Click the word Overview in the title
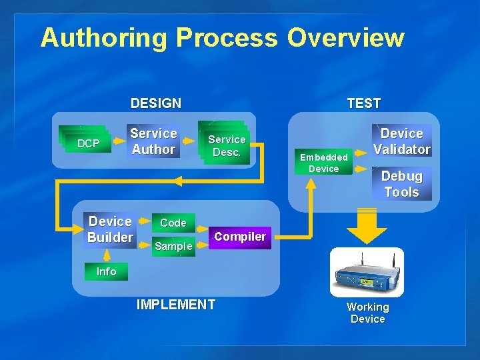(x=345, y=38)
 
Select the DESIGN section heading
(x=155, y=103)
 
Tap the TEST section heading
(x=363, y=103)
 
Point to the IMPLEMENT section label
(x=175, y=305)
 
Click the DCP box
(x=87, y=142)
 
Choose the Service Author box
(x=153, y=141)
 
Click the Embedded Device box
(x=324, y=163)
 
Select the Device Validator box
(x=401, y=141)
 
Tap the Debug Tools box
(x=401, y=184)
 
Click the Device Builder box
(x=110, y=229)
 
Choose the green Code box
(x=173, y=223)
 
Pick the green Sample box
(x=173, y=246)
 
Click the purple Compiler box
(x=240, y=237)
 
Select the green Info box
(x=106, y=271)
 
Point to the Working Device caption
(x=367, y=313)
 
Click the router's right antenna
(x=393, y=260)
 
